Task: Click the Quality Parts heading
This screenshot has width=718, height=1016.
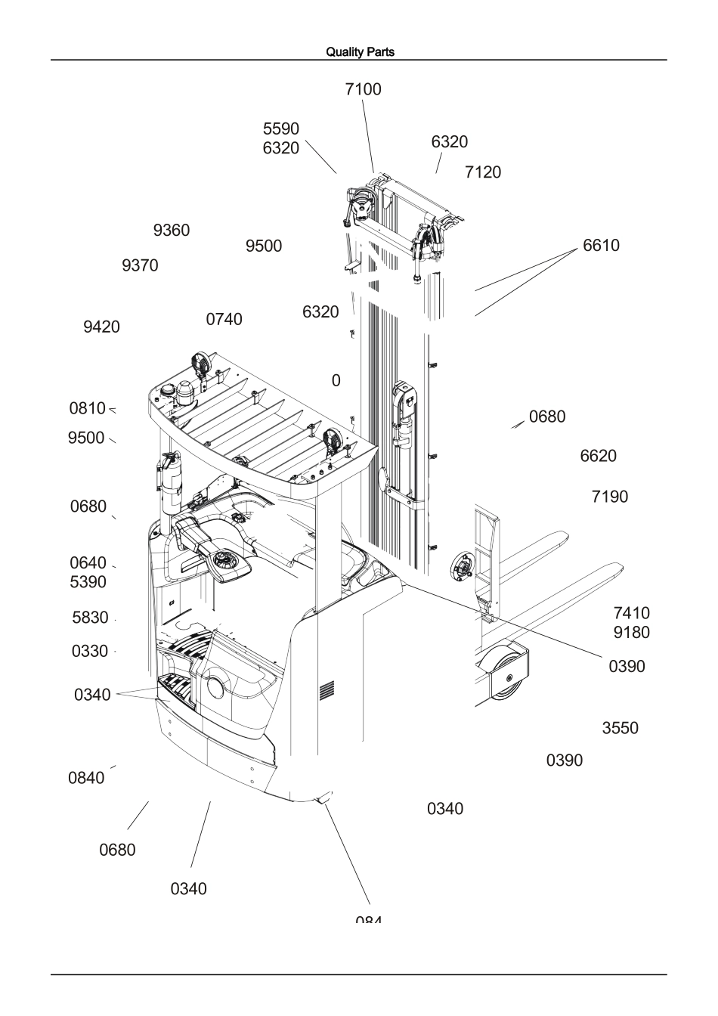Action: pos(360,52)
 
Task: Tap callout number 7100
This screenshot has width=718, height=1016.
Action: pos(363,89)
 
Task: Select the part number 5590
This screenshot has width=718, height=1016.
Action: pos(280,129)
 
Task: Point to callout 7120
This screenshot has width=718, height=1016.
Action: pos(482,172)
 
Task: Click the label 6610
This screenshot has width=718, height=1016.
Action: pos(601,246)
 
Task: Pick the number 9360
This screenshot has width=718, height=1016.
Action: pos(172,231)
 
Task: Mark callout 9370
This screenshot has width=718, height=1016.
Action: pos(140,266)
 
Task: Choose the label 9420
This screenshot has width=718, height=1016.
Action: pos(101,327)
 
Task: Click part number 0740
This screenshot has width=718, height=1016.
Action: pos(224,320)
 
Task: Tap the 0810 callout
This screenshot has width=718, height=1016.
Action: pos(88,409)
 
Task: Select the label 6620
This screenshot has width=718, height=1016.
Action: pos(598,457)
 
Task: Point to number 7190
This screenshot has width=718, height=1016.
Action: pos(609,497)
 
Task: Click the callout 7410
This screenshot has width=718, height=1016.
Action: pos(631,613)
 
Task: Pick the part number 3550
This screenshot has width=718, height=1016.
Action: pos(620,729)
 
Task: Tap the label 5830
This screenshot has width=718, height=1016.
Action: pos(90,618)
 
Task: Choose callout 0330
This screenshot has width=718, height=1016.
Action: pos(90,652)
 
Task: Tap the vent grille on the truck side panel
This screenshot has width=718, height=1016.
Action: pos(327,689)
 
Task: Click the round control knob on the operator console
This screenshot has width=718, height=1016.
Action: pos(224,561)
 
